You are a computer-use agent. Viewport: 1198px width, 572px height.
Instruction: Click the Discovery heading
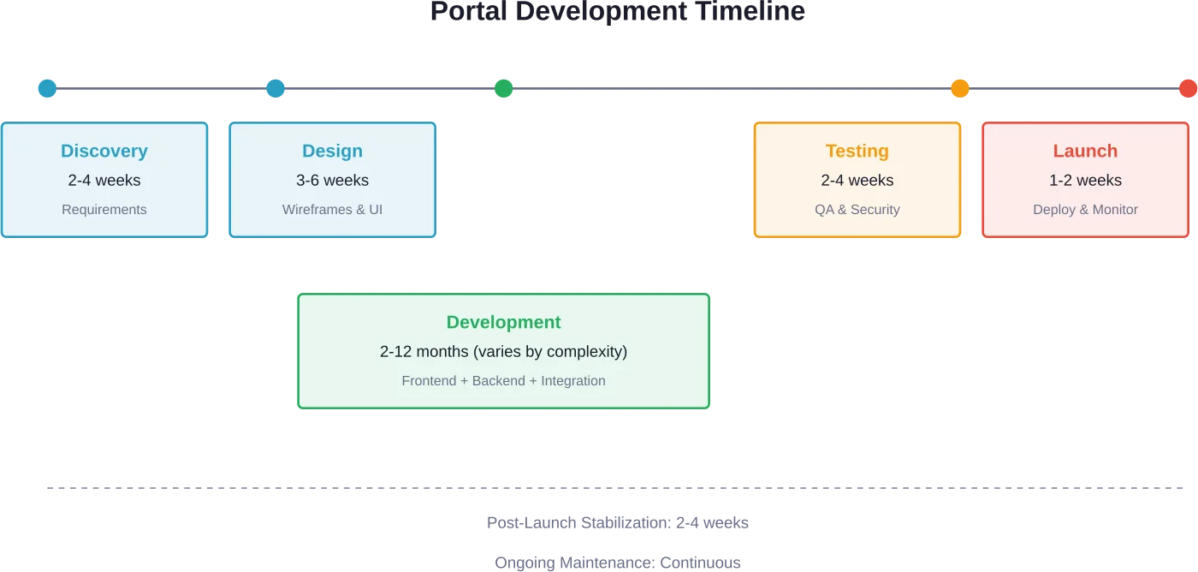click(104, 152)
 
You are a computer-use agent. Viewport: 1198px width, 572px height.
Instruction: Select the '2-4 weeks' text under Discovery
click(104, 181)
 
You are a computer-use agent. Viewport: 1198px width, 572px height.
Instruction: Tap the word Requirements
click(104, 210)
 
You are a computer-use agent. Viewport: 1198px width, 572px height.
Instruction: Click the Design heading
click(332, 152)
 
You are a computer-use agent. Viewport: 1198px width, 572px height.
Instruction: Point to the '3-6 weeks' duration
click(332, 181)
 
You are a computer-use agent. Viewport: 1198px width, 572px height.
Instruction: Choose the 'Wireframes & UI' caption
click(332, 210)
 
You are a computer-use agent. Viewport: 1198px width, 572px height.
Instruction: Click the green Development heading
click(503, 323)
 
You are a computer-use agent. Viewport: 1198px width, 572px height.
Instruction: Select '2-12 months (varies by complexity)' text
click(503, 352)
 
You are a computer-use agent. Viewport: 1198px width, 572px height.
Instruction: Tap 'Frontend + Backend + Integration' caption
click(503, 381)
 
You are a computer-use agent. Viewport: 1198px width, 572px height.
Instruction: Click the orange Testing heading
click(857, 152)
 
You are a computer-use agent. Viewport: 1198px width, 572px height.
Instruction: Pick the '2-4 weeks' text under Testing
click(857, 181)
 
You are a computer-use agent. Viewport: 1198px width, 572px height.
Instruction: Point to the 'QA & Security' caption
click(857, 210)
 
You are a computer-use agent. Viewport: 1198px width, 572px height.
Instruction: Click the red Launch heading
click(1085, 152)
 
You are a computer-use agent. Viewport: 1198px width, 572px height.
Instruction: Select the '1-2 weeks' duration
click(1085, 181)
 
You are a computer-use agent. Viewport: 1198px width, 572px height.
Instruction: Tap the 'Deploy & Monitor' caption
click(1085, 210)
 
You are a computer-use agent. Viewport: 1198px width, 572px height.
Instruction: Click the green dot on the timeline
click(503, 88)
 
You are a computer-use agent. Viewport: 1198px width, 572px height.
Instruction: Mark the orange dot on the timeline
click(960, 88)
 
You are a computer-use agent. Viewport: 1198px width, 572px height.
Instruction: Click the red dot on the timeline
click(1188, 88)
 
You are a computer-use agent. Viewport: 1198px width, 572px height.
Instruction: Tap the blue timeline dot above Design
click(276, 88)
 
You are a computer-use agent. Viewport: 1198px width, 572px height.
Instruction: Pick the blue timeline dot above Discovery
click(47, 88)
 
